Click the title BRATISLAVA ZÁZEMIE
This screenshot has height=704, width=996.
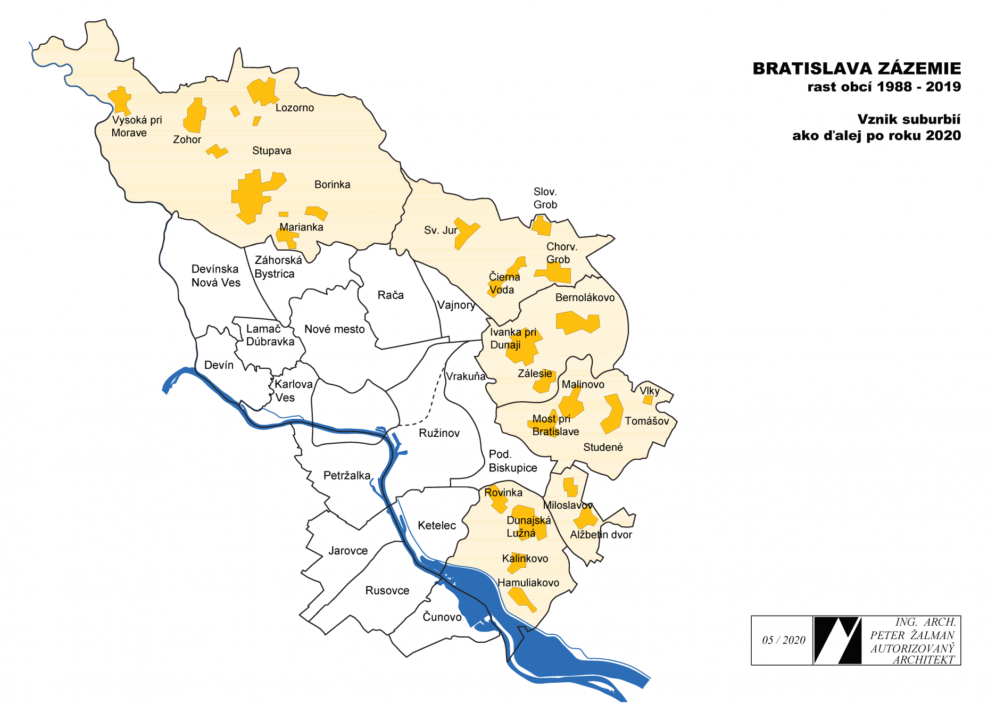tap(856, 69)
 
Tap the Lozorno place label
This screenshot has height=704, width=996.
tap(294, 108)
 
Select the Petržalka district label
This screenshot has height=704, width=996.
tap(346, 475)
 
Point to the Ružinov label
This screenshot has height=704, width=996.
tap(439, 433)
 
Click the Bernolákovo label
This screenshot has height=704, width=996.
tap(585, 297)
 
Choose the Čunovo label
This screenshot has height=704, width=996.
tap(442, 617)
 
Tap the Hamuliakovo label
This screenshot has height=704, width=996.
tap(528, 583)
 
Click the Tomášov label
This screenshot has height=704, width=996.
tap(646, 421)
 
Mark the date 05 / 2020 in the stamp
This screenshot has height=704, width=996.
tap(783, 640)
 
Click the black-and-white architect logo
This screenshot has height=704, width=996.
tap(837, 640)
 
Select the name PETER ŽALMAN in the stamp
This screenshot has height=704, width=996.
tap(912, 635)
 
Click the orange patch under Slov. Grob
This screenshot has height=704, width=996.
tap(542, 226)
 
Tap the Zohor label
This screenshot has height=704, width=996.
tap(187, 139)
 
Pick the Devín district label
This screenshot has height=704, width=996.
tap(219, 365)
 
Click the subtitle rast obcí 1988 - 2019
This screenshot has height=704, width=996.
tap(884, 87)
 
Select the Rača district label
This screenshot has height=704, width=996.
tap(391, 295)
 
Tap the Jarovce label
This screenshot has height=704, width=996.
tap(347, 551)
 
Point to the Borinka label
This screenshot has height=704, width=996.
tap(332, 185)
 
